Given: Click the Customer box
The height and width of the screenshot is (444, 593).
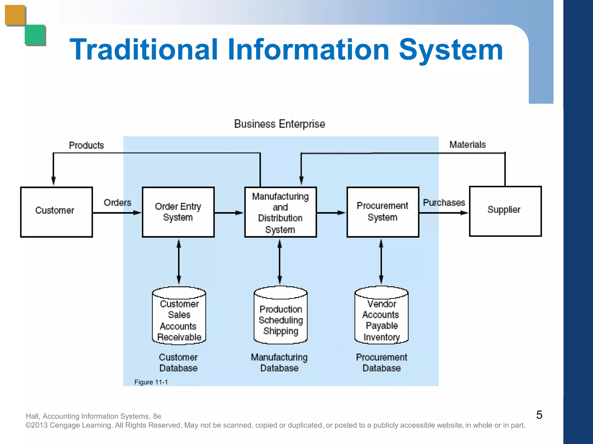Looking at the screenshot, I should [x=56, y=212].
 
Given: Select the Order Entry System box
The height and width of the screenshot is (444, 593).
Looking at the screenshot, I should [x=178, y=212].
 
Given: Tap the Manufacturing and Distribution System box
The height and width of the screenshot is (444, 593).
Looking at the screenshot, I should [x=280, y=212].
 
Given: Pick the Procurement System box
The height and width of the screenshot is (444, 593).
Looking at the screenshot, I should [x=382, y=212].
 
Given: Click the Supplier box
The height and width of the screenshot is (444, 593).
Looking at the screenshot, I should [x=505, y=211].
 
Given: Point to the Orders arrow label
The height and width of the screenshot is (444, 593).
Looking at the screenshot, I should [x=117, y=203].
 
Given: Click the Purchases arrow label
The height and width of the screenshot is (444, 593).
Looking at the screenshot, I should [x=444, y=203].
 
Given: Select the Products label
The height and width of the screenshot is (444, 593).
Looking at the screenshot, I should [x=86, y=145].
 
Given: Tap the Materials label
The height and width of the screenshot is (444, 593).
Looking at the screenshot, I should [x=467, y=145].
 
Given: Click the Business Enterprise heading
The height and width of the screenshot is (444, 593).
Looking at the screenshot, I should [x=279, y=124].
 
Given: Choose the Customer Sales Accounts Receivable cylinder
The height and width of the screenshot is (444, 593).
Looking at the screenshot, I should [x=179, y=316].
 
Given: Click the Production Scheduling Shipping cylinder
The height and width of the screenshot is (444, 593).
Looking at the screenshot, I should [x=280, y=316].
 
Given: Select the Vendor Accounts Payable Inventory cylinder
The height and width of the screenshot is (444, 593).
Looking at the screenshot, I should [x=381, y=316].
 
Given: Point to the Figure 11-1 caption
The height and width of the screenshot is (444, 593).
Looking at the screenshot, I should [x=151, y=382].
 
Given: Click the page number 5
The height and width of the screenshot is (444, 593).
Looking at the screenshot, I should [x=539, y=415].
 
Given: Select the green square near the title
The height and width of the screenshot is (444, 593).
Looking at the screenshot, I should [x=35, y=35].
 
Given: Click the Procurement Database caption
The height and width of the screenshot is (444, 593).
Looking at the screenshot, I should [x=381, y=362].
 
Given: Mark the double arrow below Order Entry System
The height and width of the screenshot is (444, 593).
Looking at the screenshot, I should [x=179, y=262].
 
